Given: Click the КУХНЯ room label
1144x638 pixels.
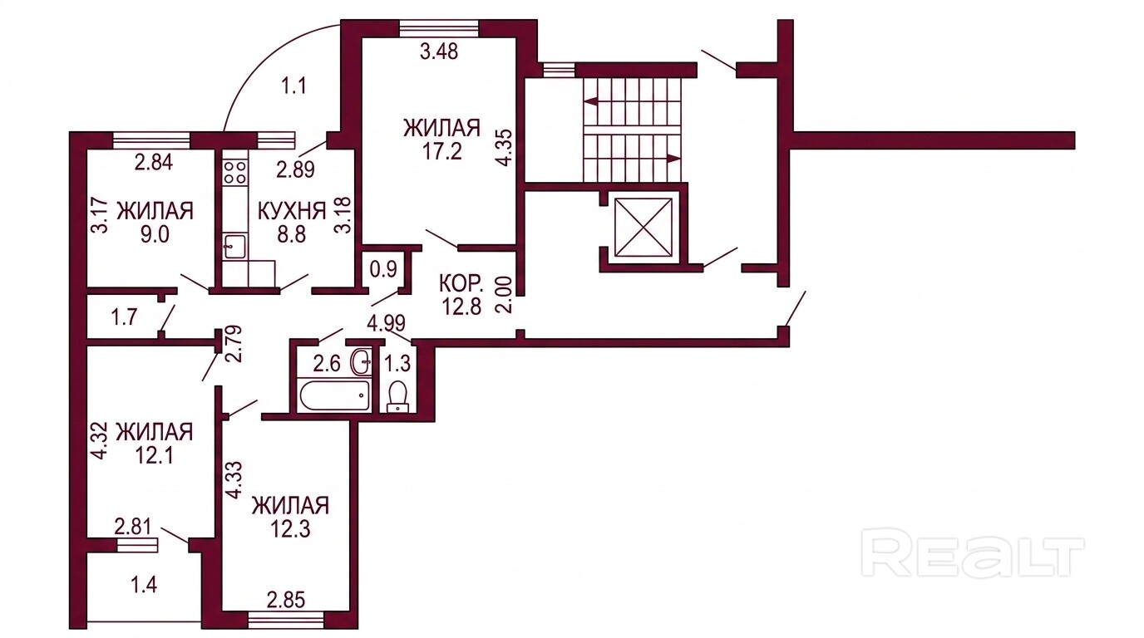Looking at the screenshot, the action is tap(292, 210).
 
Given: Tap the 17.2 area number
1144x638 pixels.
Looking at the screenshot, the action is tap(441, 151).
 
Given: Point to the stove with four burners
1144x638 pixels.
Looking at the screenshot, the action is tap(235, 173).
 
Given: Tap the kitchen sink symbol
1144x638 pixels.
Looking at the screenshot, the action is tap(235, 247).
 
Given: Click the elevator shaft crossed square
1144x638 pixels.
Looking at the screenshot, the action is tap(643, 227).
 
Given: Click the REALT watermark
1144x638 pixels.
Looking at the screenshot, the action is tap(972, 557).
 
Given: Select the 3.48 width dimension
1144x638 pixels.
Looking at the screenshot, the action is tap(439, 52).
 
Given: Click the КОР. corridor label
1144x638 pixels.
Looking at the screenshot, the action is tap(461, 283).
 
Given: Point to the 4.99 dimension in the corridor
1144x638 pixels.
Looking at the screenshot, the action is tap(386, 323).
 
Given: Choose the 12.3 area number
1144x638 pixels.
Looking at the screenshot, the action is tap(291, 530).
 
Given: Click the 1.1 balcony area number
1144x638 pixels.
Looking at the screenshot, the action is tap(294, 86).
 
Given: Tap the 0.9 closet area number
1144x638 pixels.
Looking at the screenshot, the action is tap(383, 269).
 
